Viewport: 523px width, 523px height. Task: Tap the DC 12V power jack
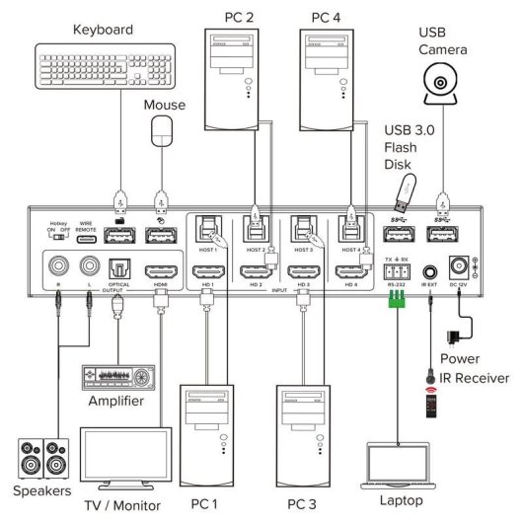tap(459, 267)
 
